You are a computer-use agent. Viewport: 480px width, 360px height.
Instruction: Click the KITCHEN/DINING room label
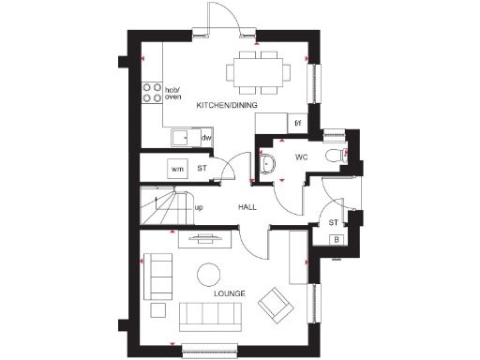(x=226, y=105)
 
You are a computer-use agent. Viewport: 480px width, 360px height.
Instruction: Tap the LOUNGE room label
(x=229, y=293)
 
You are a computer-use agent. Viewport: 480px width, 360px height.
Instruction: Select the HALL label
(x=247, y=207)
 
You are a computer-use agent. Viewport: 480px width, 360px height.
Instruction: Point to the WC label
(x=302, y=157)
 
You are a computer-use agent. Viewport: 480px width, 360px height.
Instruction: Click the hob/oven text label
(x=173, y=92)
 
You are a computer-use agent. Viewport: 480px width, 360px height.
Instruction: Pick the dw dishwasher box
(x=205, y=139)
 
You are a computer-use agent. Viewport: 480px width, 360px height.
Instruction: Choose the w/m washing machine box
(x=176, y=169)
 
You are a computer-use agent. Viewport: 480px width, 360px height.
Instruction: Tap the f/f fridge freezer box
(x=297, y=123)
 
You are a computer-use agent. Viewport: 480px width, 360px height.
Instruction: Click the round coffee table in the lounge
(x=209, y=274)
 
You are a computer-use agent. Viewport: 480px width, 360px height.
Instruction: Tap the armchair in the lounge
(x=276, y=303)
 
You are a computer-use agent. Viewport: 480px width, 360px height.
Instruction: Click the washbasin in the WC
(x=268, y=163)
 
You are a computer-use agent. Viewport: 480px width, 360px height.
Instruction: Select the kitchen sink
(x=181, y=139)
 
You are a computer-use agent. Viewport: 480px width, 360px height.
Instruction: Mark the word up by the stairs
(x=199, y=207)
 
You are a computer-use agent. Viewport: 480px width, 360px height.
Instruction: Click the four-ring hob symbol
(x=150, y=92)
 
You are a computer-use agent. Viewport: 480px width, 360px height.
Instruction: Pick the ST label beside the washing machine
(x=202, y=169)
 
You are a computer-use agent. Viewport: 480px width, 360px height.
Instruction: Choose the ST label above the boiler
(x=333, y=222)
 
